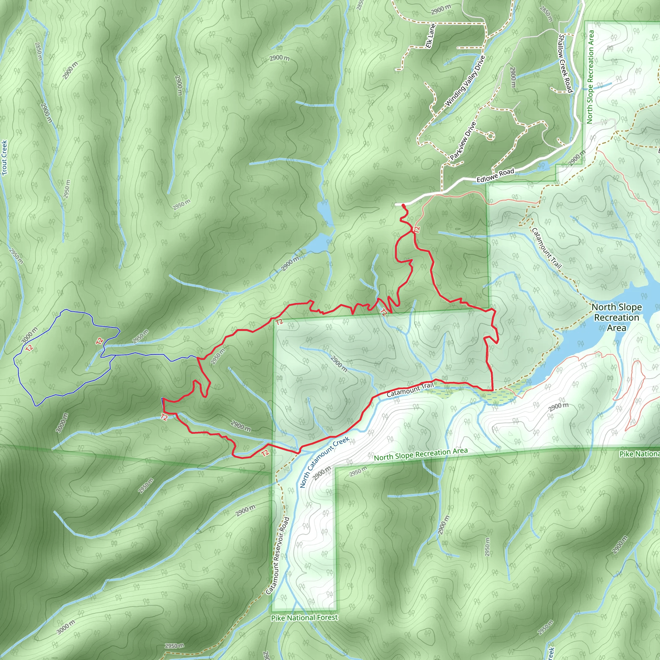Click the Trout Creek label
[x=4, y=158]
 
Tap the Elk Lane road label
[x=431, y=36]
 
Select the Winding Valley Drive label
[x=465, y=81]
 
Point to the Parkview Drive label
[x=463, y=141]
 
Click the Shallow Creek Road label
[x=565, y=63]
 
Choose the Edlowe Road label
[x=495, y=176]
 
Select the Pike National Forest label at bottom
[x=304, y=618]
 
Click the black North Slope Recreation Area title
[x=616, y=317]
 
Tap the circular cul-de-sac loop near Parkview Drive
[x=490, y=136]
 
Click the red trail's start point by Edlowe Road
[x=403, y=205]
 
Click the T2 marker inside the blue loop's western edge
[x=29, y=348]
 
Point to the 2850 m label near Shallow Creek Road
[x=546, y=14]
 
